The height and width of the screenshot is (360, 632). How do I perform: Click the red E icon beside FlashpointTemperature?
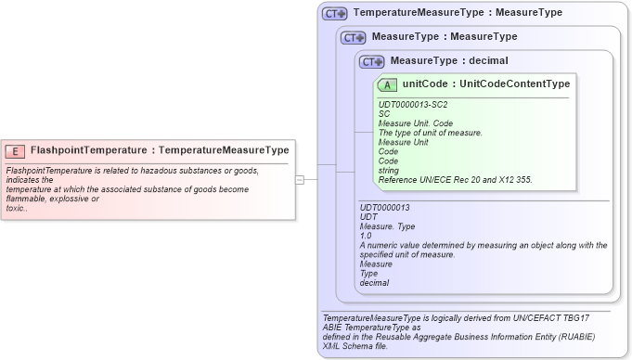tap(16, 150)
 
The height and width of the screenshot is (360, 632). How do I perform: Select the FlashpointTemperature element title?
tap(159, 150)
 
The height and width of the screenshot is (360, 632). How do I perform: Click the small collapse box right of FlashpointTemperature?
tap(300, 179)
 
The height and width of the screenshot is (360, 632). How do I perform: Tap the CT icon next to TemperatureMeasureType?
tap(335, 14)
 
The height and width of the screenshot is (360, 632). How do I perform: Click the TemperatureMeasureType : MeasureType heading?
tap(457, 14)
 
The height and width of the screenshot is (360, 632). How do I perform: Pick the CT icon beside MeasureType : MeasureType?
tap(354, 38)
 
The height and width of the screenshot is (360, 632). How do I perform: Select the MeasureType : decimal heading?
tap(448, 61)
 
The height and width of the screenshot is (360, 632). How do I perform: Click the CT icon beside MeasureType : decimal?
tap(372, 62)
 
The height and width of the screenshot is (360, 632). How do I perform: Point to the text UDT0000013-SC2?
tap(412, 105)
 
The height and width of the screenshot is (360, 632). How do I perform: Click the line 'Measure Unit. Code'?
tap(415, 123)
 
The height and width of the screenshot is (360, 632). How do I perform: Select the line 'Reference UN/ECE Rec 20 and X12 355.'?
tap(455, 179)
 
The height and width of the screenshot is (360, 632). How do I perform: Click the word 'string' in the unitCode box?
tap(389, 170)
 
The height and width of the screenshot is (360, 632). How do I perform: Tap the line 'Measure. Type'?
tap(387, 226)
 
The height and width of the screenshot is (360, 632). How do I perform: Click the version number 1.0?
tap(367, 236)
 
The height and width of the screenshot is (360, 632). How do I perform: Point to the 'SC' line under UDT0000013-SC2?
tap(384, 114)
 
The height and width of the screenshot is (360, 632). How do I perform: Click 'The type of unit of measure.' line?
tap(430, 133)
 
